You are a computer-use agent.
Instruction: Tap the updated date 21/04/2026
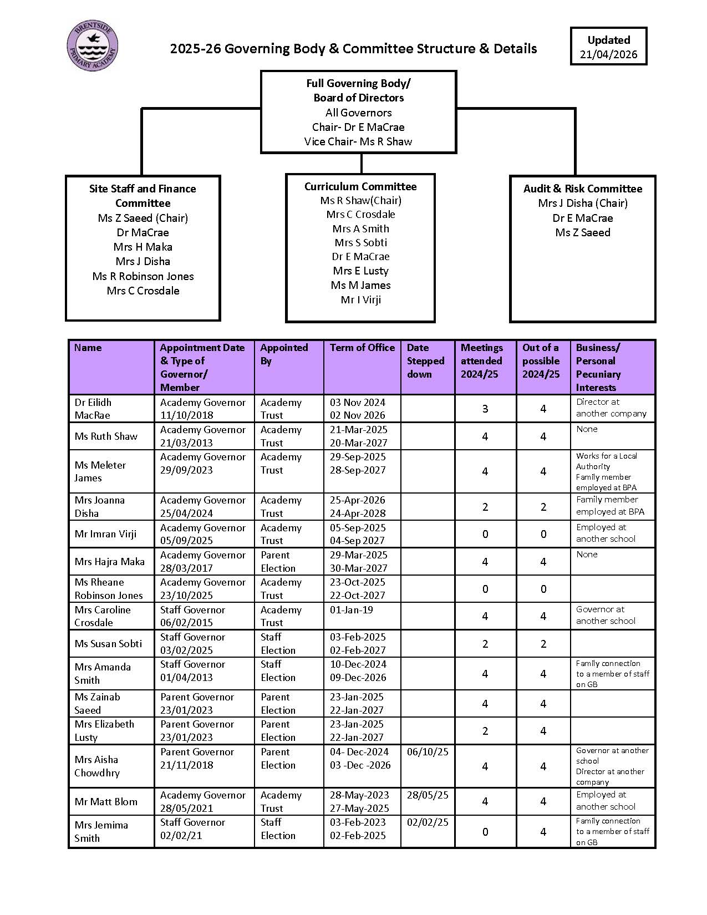tap(608, 54)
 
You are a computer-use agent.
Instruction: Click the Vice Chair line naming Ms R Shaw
tap(358, 141)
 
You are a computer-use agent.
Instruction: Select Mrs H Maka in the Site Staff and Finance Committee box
tap(143, 247)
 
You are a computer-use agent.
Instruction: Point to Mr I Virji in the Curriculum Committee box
tap(360, 299)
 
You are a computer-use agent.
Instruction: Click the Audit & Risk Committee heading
tap(582, 189)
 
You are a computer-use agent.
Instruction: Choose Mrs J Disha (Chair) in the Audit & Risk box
tap(582, 203)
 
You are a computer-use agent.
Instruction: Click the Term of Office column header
tap(362, 348)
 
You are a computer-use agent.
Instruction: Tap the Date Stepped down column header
tap(425, 361)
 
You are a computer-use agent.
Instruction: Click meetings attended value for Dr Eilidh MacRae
tap(485, 409)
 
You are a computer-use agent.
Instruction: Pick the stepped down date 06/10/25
tap(428, 752)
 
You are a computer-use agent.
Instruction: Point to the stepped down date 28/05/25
tap(428, 795)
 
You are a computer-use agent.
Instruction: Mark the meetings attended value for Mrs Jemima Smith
tap(485, 831)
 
